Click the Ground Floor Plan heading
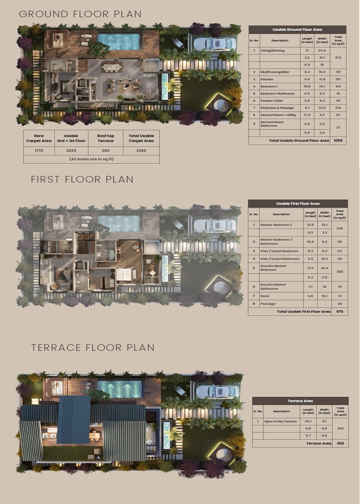pyautogui.click(x=80, y=14)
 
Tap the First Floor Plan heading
pyautogui.click(x=82, y=179)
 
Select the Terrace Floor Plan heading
pyautogui.click(x=93, y=347)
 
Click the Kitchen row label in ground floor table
pyautogui.click(x=267, y=79)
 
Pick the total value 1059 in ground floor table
pyautogui.click(x=338, y=140)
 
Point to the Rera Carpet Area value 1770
pyautogui.click(x=39, y=150)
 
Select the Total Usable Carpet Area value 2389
pyautogui.click(x=141, y=150)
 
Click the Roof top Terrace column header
pyautogui.click(x=105, y=138)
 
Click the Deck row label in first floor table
pyautogui.click(x=265, y=296)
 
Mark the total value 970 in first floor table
pyautogui.click(x=339, y=311)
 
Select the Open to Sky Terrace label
pyautogui.click(x=280, y=421)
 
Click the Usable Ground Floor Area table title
pyautogui.click(x=297, y=30)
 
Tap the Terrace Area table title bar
pyautogui.click(x=300, y=401)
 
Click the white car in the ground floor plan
pyautogui.click(x=215, y=44)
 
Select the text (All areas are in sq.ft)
pyautogui.click(x=91, y=159)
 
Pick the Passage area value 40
pyautogui.click(x=339, y=304)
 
